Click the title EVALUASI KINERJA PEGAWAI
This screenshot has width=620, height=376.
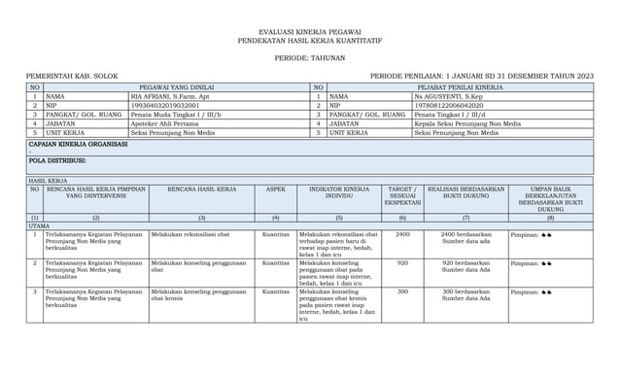[309, 31]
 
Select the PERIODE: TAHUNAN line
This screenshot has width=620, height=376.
[309, 56]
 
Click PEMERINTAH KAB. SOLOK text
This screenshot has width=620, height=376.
[65, 76]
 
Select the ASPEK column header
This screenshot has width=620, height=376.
[278, 189]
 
